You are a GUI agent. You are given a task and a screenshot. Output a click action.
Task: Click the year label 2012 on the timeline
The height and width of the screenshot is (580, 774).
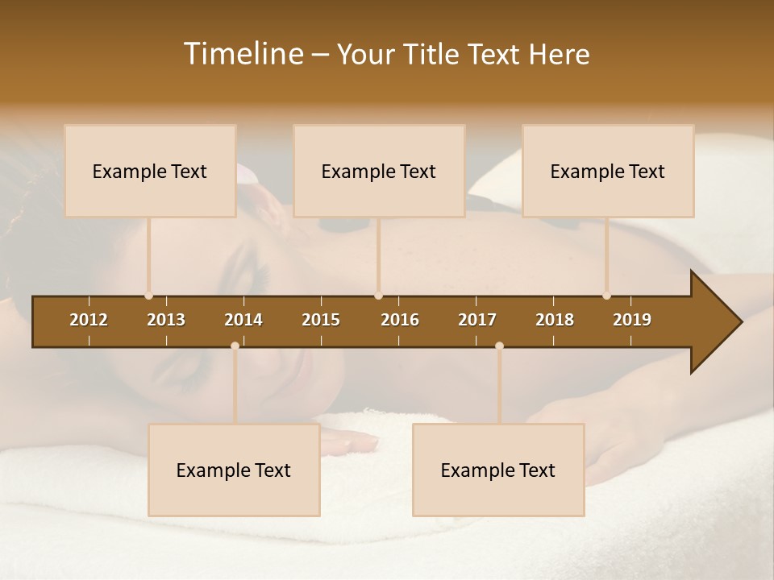89,320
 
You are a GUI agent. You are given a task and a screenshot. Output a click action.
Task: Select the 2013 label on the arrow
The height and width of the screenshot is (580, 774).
166,320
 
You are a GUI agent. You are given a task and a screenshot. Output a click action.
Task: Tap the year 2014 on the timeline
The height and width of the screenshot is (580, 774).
243,320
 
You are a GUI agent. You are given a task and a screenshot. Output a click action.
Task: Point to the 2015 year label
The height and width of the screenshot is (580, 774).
321,320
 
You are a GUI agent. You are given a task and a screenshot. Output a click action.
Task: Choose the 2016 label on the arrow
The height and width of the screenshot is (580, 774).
400,320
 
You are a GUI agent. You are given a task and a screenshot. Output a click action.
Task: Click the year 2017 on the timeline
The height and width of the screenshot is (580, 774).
477,320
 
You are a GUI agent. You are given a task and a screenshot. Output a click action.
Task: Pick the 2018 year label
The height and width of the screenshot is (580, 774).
555,320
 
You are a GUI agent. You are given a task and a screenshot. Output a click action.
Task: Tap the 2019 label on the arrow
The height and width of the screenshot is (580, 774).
632,320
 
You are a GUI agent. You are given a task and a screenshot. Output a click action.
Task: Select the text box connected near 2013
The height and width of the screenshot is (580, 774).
150,171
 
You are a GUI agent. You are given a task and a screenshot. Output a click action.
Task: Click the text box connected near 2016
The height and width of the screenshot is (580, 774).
379,171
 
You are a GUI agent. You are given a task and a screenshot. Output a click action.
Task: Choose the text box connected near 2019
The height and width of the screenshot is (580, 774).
608,171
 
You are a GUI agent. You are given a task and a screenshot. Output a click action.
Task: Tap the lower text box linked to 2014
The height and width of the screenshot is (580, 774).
234,470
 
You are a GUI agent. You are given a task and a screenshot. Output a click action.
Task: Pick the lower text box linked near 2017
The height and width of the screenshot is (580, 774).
498,470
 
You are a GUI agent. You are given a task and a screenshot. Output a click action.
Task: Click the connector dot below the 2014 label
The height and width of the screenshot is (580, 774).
235,346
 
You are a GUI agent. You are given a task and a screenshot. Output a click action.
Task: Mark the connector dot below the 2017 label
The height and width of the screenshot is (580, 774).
499,346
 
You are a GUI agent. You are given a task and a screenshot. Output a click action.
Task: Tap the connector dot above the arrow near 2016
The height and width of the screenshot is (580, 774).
378,296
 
